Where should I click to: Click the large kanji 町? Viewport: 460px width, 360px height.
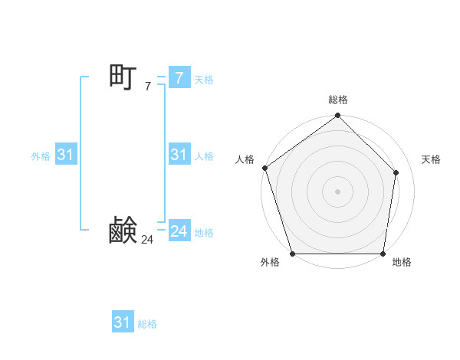(123, 77)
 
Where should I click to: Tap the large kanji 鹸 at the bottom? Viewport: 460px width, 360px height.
(123, 231)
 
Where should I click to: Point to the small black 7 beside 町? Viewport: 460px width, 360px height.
(147, 87)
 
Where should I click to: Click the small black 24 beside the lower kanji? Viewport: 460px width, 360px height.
(147, 240)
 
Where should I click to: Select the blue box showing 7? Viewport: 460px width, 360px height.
(179, 78)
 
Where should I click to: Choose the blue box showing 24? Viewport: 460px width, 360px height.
(179, 231)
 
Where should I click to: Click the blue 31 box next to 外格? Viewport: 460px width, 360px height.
(65, 155)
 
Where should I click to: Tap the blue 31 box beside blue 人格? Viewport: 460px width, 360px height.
(179, 155)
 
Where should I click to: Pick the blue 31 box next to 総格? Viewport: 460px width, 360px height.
(123, 322)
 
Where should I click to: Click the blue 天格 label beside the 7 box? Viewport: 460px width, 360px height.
(204, 79)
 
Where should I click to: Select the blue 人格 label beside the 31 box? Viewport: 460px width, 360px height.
(204, 155)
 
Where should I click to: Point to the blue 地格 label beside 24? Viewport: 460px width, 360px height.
(204, 232)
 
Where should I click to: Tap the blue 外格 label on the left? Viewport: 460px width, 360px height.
(41, 155)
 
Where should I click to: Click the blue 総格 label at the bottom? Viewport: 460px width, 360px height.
(147, 323)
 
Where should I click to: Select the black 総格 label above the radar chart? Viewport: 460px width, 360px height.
(337, 100)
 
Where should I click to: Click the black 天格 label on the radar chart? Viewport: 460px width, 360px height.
(431, 159)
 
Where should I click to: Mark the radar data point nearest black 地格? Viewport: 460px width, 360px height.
(383, 254)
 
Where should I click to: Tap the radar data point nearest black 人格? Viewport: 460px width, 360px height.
(264, 168)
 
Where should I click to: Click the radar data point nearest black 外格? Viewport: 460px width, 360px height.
(292, 254)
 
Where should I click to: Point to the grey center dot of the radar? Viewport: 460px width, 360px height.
(337, 191)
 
